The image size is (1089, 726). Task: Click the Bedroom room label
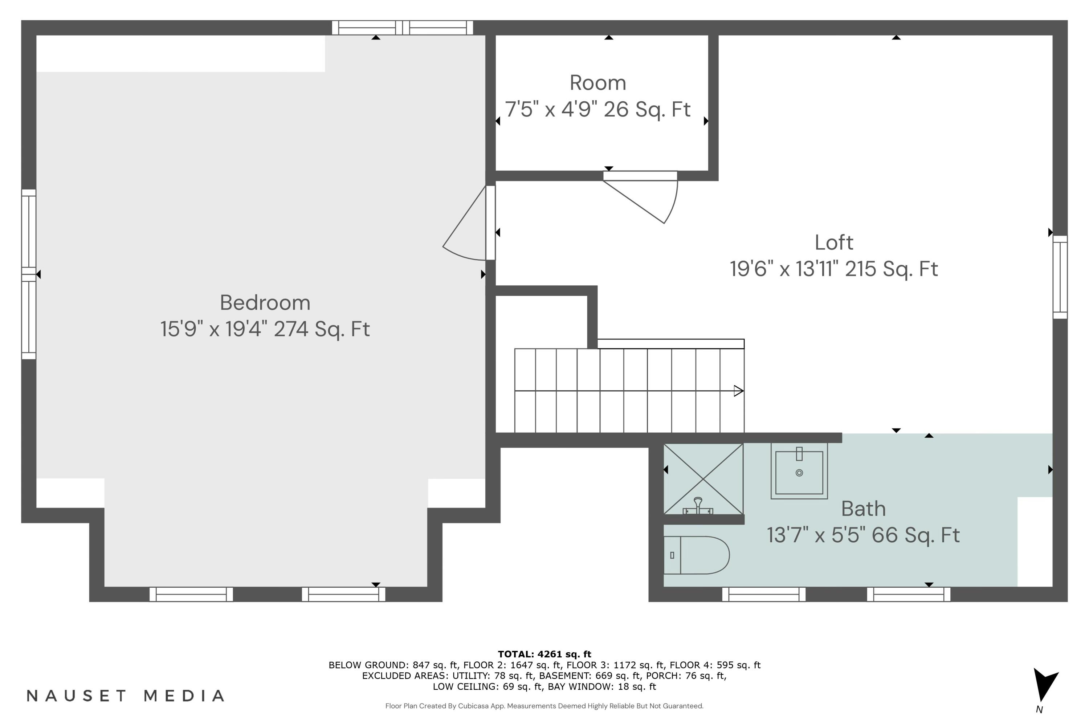(265, 303)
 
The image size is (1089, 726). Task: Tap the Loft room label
(833, 242)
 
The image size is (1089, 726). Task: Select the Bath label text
(863, 509)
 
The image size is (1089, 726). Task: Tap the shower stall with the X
(703, 478)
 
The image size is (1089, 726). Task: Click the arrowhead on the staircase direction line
(738, 391)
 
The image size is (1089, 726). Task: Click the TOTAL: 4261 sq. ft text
(544, 654)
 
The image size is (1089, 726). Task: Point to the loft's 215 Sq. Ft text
(891, 269)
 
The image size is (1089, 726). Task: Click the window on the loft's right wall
(1060, 277)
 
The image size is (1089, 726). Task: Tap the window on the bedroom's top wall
(402, 28)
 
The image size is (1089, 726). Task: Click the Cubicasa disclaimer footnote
(544, 706)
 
